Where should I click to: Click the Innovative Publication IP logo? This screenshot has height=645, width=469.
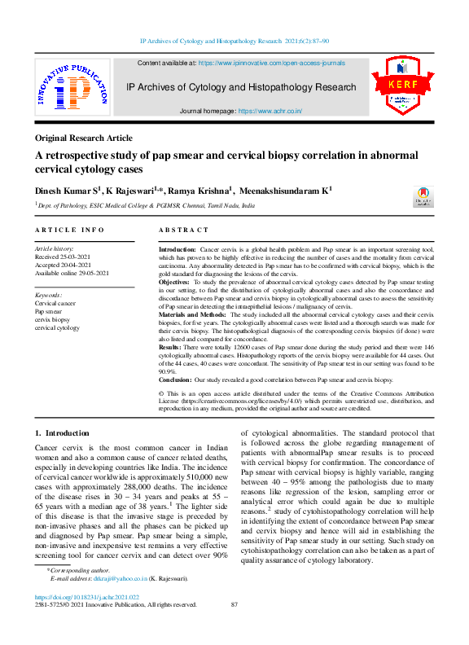(71, 89)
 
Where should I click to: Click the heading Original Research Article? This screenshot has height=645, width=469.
(84, 138)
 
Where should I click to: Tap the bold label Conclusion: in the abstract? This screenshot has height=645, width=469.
(180, 380)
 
